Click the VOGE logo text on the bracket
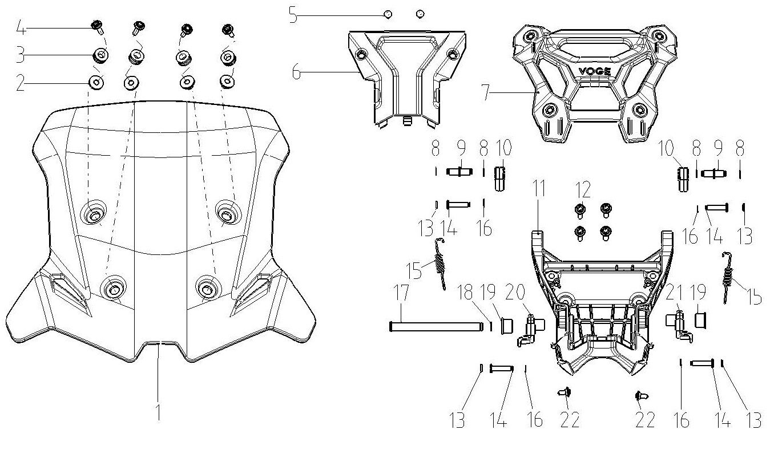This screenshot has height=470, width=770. click(595, 71)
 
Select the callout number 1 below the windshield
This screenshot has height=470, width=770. click(158, 412)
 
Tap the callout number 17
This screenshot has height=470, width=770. click(401, 293)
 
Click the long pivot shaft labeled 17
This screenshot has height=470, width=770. click(436, 326)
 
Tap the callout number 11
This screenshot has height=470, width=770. click(538, 188)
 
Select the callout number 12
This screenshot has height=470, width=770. click(583, 189)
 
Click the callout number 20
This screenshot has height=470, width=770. click(515, 292)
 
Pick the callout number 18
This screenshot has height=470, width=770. click(465, 292)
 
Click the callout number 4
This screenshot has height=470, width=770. click(21, 28)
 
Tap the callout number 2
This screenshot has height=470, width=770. click(21, 83)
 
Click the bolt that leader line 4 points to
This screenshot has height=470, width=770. click(98, 27)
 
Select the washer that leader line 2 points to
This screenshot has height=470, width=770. click(96, 83)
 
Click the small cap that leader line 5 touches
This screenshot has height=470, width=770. click(388, 14)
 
